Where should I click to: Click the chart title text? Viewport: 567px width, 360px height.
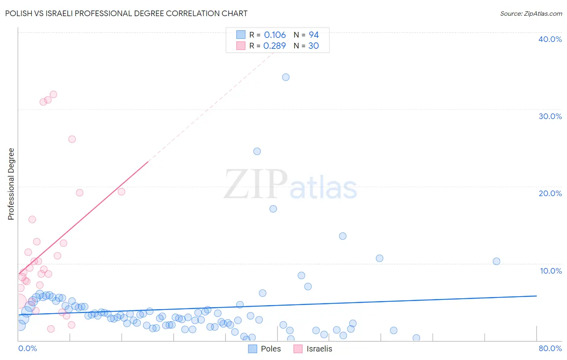126,13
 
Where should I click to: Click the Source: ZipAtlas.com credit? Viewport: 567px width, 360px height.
531,13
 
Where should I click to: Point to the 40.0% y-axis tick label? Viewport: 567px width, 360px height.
550,39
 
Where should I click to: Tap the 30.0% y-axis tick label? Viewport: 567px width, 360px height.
550,116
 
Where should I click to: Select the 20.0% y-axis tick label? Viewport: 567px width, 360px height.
550,193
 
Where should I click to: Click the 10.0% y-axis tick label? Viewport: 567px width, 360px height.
550,271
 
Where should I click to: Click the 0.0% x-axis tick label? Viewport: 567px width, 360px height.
27,348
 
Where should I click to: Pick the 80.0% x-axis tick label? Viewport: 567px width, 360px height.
550,348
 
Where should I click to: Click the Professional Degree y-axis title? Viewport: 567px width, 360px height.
11,184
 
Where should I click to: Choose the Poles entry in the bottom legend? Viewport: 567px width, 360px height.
270,349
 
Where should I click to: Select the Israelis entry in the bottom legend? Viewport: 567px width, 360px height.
319,349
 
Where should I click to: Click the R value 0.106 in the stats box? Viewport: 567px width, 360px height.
275,35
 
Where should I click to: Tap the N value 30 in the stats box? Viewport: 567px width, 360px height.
313,46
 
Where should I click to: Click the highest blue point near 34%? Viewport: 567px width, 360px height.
286,77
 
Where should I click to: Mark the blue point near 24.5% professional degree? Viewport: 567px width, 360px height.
257,151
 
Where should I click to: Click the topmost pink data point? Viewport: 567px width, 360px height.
53,94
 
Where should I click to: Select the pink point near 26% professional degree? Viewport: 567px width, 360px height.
72,139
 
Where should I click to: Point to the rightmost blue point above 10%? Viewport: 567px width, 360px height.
496,261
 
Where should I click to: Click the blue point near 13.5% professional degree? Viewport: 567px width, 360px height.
343,236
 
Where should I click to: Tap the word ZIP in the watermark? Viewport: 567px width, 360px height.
256,184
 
